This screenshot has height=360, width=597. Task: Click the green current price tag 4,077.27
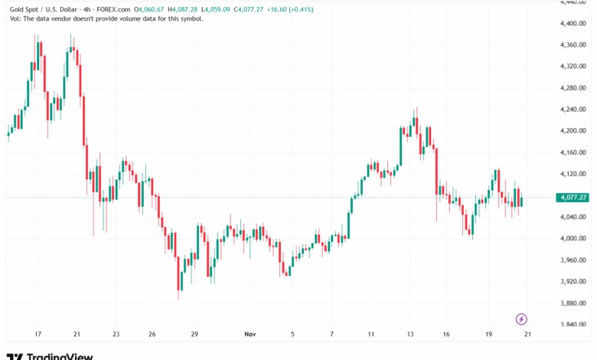point(573,198)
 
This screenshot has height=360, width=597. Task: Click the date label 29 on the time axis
point(194,335)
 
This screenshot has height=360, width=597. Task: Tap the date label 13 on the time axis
point(411,335)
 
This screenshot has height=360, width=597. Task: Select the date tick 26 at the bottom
point(153,335)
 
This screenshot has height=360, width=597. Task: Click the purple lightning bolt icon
point(521,319)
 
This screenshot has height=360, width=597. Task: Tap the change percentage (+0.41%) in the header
point(327,8)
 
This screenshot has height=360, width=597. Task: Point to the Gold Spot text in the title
point(24,8)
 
